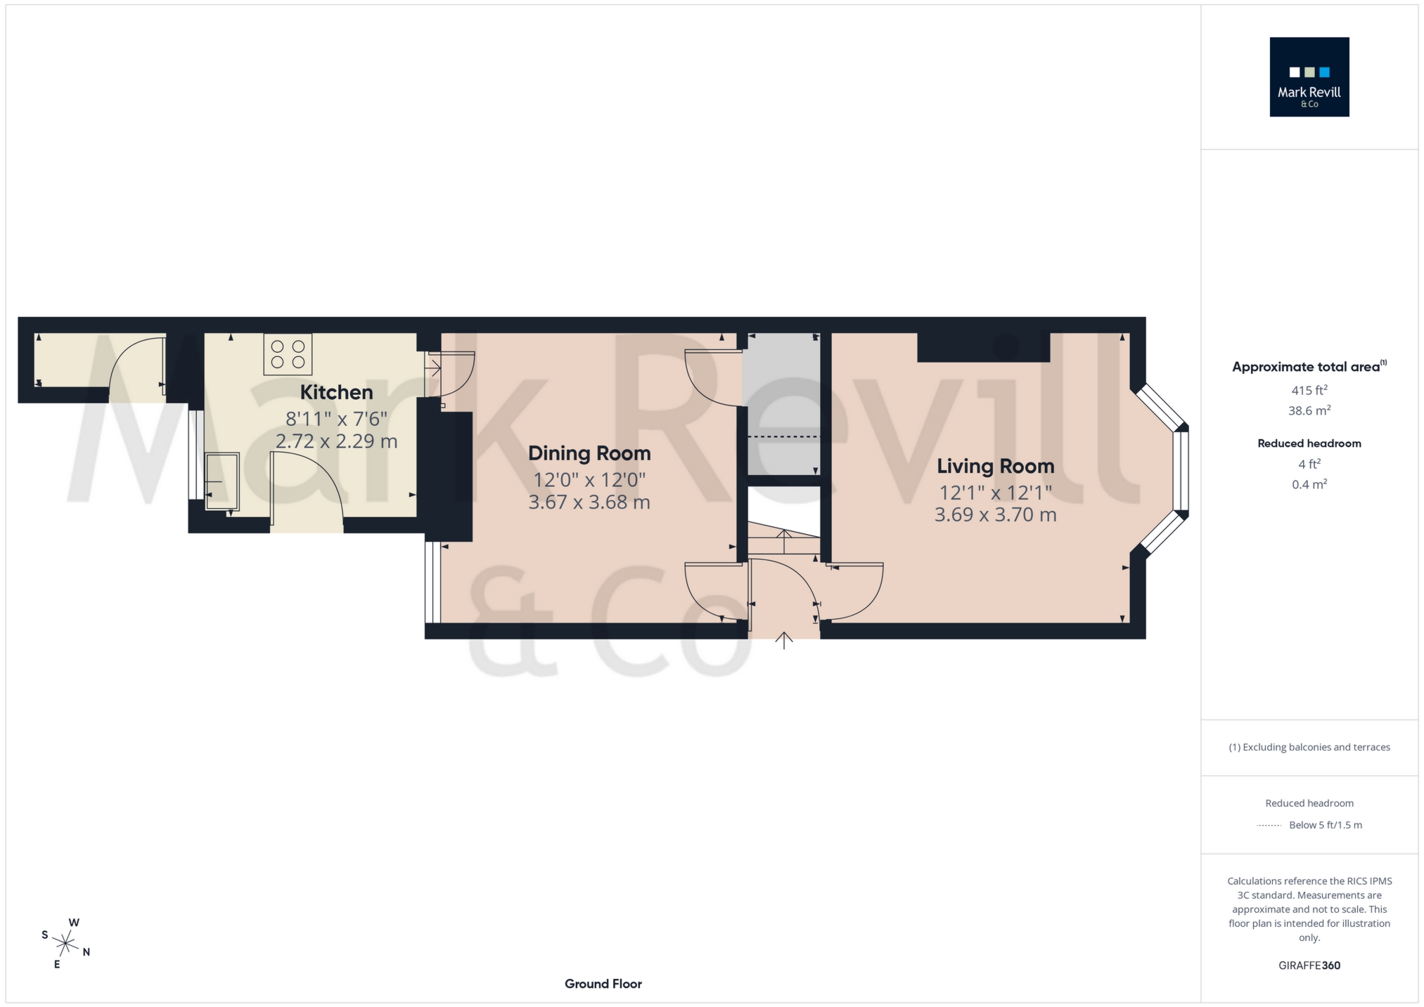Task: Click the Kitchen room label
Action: click(336, 392)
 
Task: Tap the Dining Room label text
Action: click(589, 453)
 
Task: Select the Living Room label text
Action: click(995, 466)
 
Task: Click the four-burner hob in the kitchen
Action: click(288, 354)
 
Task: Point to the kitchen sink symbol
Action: click(222, 481)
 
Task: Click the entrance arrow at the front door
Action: click(784, 639)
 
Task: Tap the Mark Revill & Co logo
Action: click(1309, 77)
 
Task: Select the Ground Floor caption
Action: click(603, 984)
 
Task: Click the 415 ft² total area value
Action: click(1309, 390)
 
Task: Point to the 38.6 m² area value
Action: click(1309, 410)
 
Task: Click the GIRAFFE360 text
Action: click(1309, 966)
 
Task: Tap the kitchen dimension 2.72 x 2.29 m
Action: click(336, 441)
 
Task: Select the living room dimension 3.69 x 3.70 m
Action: click(995, 515)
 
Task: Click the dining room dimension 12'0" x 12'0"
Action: click(589, 480)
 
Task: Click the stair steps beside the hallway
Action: click(783, 540)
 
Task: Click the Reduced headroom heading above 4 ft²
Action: click(1309, 443)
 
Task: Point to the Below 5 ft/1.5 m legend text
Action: click(1325, 825)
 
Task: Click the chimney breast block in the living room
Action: click(983, 347)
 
